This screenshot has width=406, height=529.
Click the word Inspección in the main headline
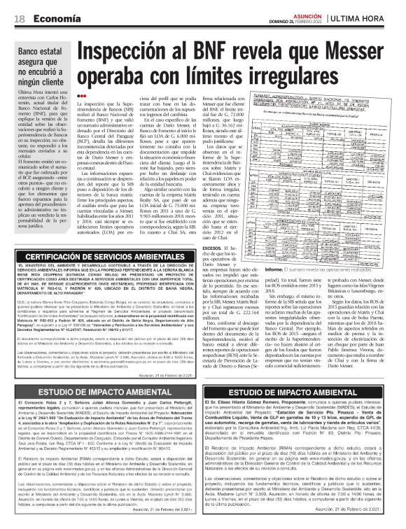point(134,54)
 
